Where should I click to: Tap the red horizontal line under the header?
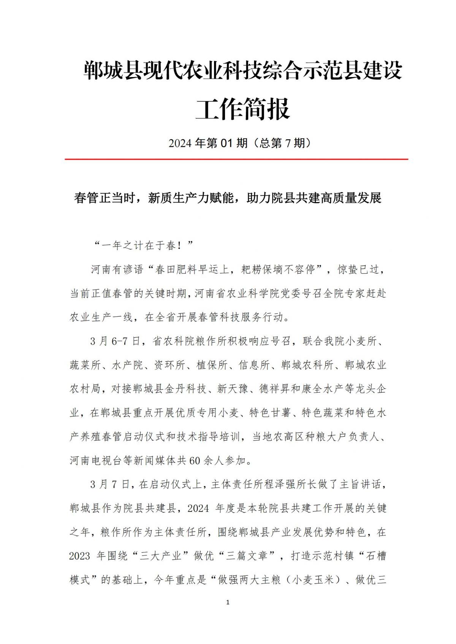(x=236, y=159)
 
